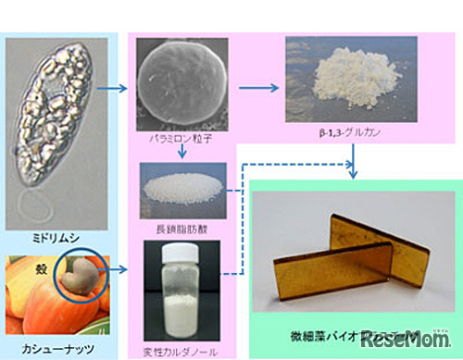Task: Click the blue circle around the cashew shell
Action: tap(81, 273)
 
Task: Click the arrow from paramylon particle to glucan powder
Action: tap(259, 89)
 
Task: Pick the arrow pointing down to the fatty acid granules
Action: tap(183, 150)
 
